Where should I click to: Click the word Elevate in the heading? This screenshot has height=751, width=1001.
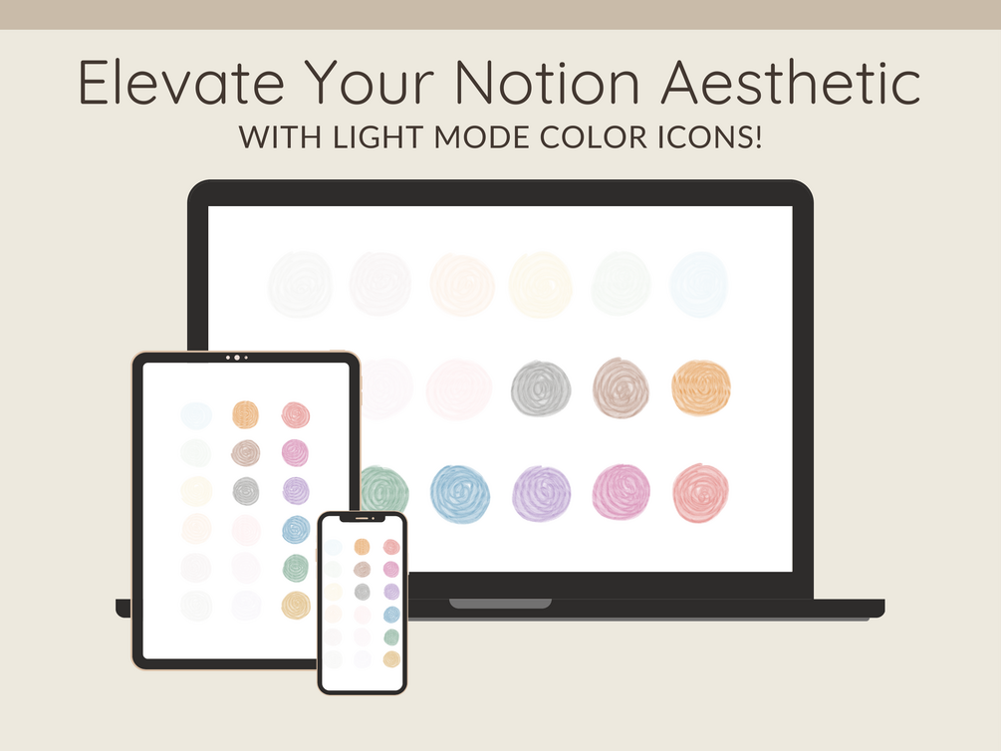click(x=181, y=82)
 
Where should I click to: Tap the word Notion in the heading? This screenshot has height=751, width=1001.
click(x=547, y=82)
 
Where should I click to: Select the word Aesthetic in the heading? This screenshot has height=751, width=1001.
click(x=790, y=82)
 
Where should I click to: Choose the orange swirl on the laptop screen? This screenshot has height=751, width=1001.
click(x=701, y=387)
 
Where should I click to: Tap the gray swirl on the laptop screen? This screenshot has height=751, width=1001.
click(x=541, y=388)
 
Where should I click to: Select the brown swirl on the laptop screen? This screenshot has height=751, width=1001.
click(x=621, y=388)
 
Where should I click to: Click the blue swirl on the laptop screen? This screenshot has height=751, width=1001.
click(x=459, y=494)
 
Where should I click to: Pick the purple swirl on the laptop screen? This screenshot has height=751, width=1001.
click(x=542, y=494)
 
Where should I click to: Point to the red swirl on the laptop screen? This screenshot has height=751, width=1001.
click(x=700, y=493)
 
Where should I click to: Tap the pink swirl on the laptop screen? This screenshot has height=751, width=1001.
click(x=621, y=492)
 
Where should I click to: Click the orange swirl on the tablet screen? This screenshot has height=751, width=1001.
click(x=245, y=414)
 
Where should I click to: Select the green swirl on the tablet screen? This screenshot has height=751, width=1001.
click(x=296, y=568)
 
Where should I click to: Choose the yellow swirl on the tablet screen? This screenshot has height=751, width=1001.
click(x=296, y=606)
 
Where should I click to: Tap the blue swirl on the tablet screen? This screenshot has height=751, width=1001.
click(x=296, y=530)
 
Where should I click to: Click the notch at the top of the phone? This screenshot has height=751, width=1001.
click(x=362, y=519)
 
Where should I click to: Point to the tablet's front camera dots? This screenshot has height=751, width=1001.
click(x=237, y=358)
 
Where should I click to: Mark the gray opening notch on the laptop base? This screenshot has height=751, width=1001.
click(x=500, y=604)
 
